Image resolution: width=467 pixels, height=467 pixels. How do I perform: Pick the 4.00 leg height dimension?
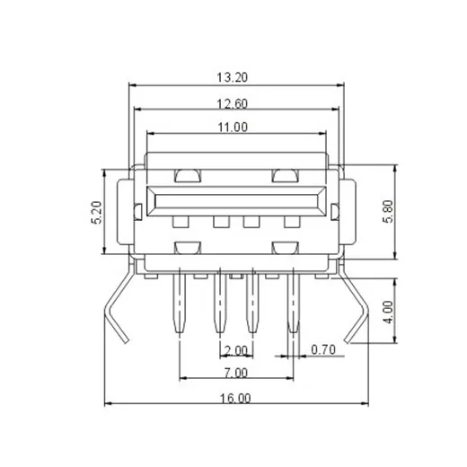(388, 311)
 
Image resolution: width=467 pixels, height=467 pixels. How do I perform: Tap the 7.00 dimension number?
(235, 372)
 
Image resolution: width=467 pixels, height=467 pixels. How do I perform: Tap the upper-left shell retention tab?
(187, 174)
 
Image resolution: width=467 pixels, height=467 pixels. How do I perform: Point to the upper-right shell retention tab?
(285, 174)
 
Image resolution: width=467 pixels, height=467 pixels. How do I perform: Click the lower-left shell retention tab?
(187, 246)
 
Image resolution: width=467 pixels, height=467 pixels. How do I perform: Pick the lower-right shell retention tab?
(285, 246)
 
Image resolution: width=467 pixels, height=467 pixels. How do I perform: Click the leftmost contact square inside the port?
(181, 221)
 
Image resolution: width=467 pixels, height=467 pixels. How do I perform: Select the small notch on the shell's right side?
(335, 212)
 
